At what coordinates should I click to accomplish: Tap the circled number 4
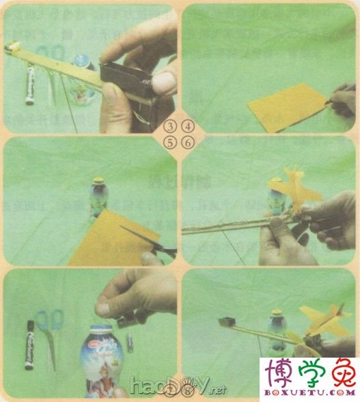pos(188,127)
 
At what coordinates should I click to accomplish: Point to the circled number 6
pos(188,143)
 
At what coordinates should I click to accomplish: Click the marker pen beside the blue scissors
pos(30,344)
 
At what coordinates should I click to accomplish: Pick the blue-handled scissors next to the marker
pos(50,334)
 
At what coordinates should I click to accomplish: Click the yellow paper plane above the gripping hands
pos(294,191)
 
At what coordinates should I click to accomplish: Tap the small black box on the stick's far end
pos(227,321)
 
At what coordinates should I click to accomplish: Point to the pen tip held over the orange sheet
pos(327,101)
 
